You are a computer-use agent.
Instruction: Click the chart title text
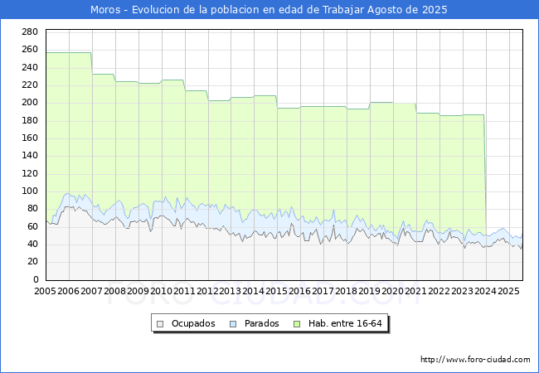coord(269,10)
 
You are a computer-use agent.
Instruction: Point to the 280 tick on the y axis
coord(29,31)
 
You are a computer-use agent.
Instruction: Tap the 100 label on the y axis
coord(29,191)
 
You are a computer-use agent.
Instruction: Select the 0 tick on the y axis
coord(35,279)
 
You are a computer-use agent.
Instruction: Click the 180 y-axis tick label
coord(29,120)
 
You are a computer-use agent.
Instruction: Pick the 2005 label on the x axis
coord(46,292)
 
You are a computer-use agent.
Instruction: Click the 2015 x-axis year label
coord(277,292)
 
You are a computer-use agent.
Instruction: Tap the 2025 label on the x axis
coord(508,292)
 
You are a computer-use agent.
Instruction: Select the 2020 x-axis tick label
coord(393,292)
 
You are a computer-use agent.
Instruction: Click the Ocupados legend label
coord(193,323)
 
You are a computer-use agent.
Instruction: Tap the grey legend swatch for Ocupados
coord(161,323)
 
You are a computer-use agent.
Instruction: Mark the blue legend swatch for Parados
coord(234,323)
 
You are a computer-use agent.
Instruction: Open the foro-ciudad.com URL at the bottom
coord(475,360)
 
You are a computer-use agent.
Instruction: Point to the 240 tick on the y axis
coord(29,67)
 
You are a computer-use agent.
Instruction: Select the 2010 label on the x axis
coord(161,292)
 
